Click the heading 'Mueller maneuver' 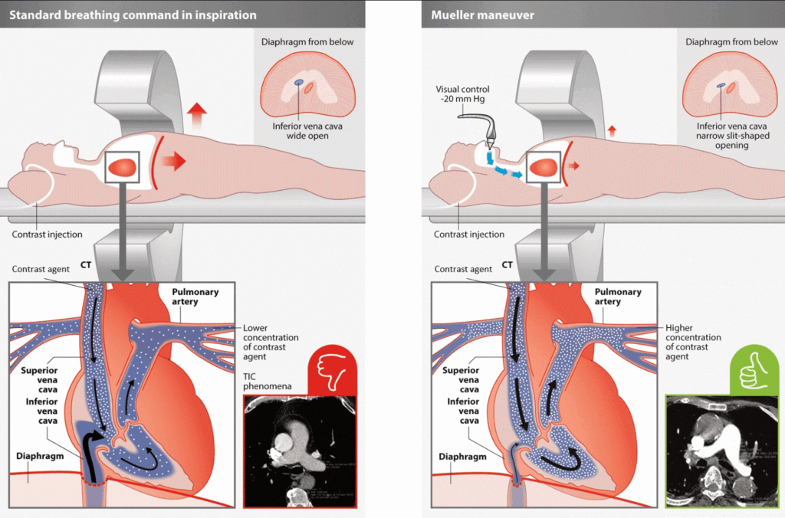tap(483, 15)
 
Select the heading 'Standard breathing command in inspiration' tap(133, 15)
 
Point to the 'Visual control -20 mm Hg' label tap(462, 94)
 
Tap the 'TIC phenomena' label tap(267, 382)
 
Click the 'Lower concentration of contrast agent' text tap(271, 343)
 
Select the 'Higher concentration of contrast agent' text tap(693, 343)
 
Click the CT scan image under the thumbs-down tap(300, 451)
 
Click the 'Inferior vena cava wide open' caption tap(307, 131)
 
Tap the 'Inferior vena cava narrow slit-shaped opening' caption tap(732, 136)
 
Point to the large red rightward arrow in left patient tap(174, 161)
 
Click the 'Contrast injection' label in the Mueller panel tap(469, 234)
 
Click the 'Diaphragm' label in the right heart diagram tap(462, 457)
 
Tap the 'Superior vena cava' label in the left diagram tap(39, 380)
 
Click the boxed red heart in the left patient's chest tap(122, 167)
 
